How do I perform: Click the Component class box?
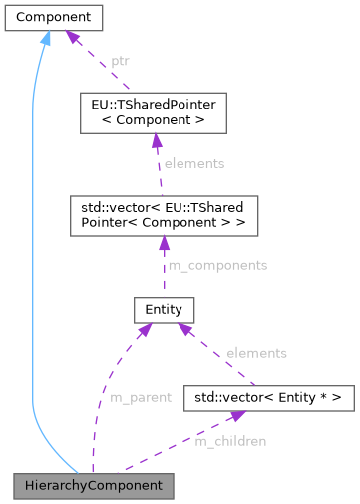(x=53, y=18)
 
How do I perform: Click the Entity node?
(x=163, y=309)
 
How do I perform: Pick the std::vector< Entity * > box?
(x=269, y=397)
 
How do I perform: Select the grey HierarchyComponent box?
(x=94, y=486)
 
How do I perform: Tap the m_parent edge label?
(x=140, y=397)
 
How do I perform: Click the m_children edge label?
(x=230, y=440)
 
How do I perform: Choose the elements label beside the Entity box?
(x=256, y=353)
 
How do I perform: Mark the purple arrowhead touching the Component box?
(x=73, y=38)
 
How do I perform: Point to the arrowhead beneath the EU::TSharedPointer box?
(x=156, y=141)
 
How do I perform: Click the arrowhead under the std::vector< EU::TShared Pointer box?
(x=162, y=243)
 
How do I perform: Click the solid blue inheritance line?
(x=33, y=250)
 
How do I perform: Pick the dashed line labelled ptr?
(x=100, y=65)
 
